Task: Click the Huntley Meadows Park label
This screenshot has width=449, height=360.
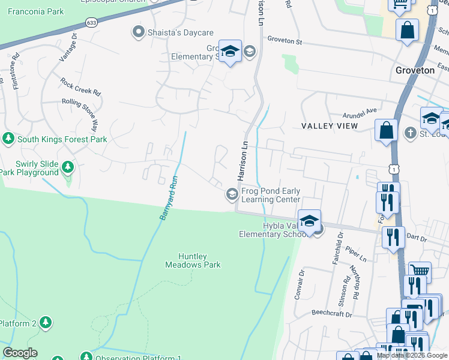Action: click(x=193, y=260)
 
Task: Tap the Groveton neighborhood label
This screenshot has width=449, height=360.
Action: click(x=415, y=70)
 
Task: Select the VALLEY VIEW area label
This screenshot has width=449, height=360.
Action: click(x=330, y=126)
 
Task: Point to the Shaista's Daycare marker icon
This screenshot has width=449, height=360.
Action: click(x=139, y=32)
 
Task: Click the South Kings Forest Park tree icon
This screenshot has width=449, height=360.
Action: click(x=8, y=139)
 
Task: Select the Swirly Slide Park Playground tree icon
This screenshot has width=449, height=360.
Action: click(x=68, y=166)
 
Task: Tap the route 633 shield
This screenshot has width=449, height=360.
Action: click(x=91, y=23)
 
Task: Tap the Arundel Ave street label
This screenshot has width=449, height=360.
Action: click(x=359, y=110)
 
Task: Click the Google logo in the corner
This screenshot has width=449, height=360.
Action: click(x=20, y=353)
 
